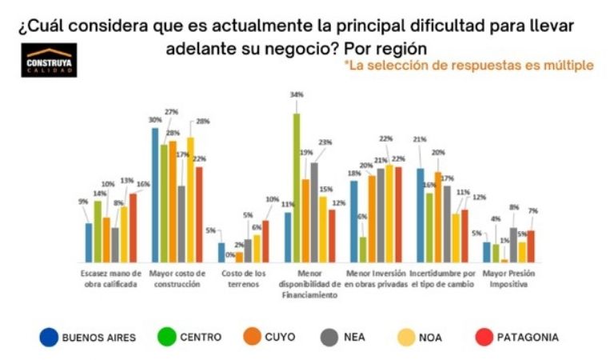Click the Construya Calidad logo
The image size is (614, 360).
point(49,60)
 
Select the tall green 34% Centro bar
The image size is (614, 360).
point(297,188)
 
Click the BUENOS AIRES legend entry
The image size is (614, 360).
point(87,338)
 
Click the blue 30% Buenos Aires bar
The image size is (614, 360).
point(155,195)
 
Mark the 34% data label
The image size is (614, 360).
point(297,95)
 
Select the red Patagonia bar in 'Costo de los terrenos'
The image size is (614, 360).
point(265,242)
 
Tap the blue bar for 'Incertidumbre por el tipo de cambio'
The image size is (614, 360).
point(421,215)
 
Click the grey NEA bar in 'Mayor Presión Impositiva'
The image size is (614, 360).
point(513,245)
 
